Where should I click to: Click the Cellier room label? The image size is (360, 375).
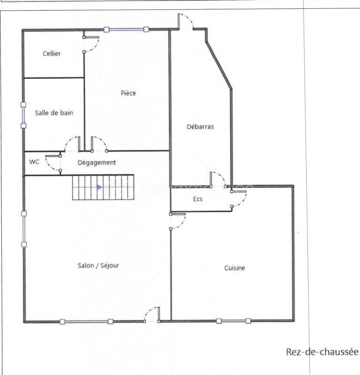52,53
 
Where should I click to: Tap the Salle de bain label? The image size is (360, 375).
54,112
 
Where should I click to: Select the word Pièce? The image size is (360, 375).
128,93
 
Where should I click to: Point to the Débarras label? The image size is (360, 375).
200,126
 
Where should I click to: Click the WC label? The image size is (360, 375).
34,162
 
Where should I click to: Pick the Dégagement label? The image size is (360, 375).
97,162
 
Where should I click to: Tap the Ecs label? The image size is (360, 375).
198,199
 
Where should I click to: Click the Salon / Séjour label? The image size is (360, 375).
98,265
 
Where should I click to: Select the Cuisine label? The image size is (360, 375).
234,268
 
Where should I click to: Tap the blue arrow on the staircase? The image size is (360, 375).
99,187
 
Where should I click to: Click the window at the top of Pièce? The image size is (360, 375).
127,30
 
